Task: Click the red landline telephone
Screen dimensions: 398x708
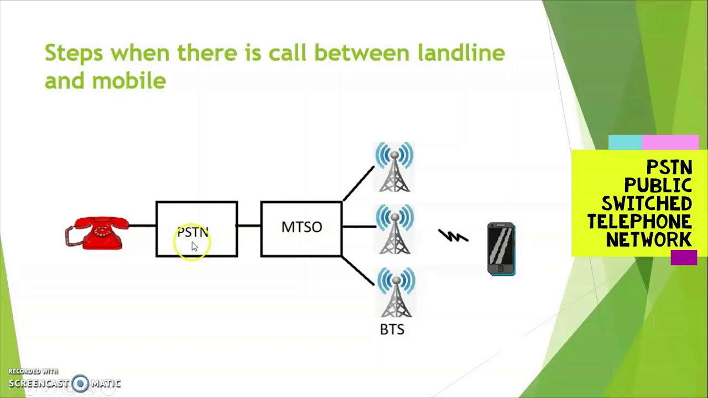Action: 97,233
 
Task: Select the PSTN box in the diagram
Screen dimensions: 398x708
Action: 197,229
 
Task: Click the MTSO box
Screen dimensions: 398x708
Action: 301,228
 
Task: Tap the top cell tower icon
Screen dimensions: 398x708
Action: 394,167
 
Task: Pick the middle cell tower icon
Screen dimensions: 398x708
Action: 394,229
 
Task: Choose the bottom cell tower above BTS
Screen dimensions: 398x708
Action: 395,292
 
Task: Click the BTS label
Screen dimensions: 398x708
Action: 392,329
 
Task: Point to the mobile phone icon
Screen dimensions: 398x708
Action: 501,249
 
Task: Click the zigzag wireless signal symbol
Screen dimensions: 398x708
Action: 454,236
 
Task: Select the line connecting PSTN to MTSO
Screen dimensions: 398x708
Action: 249,226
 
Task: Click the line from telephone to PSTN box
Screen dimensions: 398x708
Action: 143,226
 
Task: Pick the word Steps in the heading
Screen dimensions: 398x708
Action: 74,53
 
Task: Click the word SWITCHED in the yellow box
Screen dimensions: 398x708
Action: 647,203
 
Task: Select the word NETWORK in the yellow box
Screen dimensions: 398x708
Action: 649,239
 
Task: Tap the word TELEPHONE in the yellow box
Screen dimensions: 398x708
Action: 639,221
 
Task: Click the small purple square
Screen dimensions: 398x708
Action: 684,258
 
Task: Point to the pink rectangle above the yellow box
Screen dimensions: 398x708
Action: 670,143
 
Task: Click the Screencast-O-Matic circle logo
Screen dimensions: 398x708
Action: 81,383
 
